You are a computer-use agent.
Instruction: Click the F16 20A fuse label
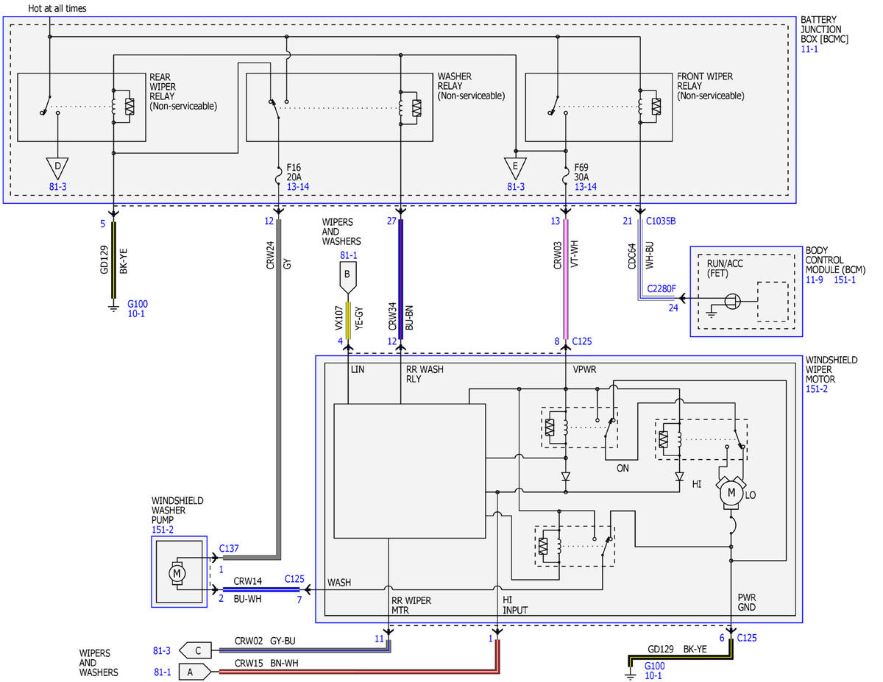[x=294, y=172]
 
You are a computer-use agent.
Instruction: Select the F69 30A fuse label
[x=581, y=172]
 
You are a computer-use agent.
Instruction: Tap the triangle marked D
[x=57, y=168]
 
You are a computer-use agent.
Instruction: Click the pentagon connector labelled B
[x=348, y=277]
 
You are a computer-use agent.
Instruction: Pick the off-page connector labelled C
[x=196, y=650]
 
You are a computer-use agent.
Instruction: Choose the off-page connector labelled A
[x=196, y=672]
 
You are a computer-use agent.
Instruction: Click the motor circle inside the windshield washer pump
[x=177, y=574]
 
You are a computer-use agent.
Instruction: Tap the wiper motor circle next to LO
[x=731, y=493]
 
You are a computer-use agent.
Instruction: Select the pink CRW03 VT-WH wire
[x=566, y=279]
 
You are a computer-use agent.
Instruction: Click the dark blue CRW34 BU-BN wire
[x=401, y=279]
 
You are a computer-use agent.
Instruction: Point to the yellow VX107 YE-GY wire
[x=348, y=321]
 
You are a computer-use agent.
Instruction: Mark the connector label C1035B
[x=661, y=221]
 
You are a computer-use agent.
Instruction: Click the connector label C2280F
[x=661, y=288]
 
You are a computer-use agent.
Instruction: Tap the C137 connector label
[x=229, y=548]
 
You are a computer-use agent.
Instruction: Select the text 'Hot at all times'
[x=57, y=8]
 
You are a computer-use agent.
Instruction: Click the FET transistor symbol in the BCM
[x=733, y=302]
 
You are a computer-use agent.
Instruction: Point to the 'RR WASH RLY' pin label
[x=425, y=374]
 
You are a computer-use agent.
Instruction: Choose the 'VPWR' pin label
[x=584, y=369]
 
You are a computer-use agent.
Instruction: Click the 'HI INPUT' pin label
[x=515, y=605]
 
